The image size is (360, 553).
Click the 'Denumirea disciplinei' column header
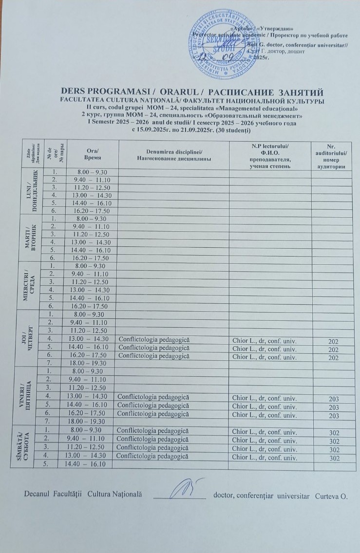pyautogui.click(x=173, y=154)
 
